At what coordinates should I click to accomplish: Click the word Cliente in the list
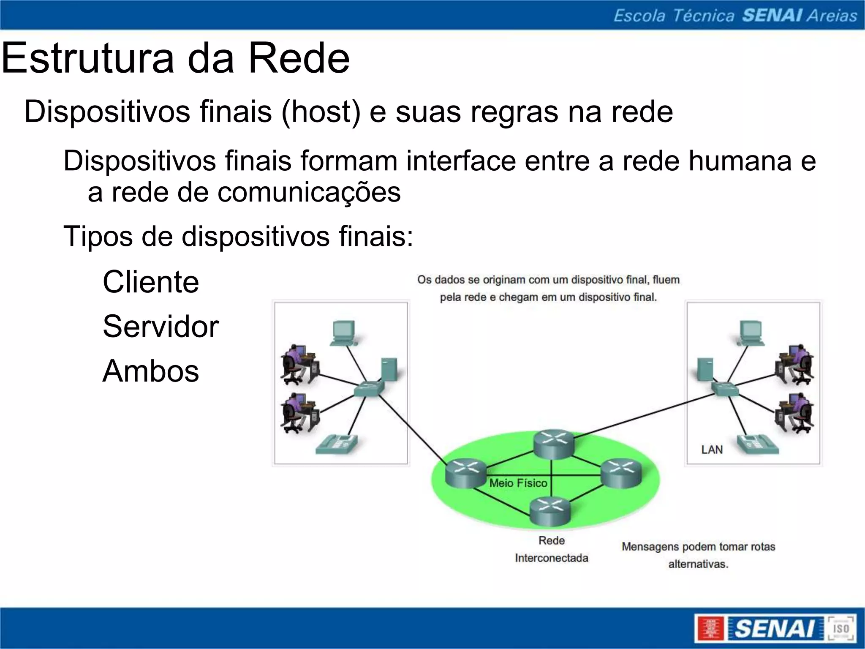coord(151,282)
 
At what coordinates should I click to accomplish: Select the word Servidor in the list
coord(160,327)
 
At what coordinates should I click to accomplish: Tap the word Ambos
coord(151,371)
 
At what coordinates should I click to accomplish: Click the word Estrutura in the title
coord(88,58)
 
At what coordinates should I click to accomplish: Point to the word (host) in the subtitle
coord(321,112)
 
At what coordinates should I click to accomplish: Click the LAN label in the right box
coord(712,450)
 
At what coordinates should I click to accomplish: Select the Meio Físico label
coord(518,483)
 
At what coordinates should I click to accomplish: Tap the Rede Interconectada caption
coord(552,549)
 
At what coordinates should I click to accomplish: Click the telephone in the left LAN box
coord(337,444)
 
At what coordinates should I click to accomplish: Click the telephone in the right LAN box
coord(758,444)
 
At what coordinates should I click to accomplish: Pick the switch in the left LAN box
coord(369,388)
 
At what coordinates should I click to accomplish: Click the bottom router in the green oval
coord(550,511)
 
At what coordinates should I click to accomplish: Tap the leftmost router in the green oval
coord(465,474)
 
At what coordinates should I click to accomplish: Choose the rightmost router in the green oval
coord(621,473)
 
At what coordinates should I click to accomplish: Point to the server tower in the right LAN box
coord(705,370)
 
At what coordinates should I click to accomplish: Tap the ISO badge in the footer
coord(841,628)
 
